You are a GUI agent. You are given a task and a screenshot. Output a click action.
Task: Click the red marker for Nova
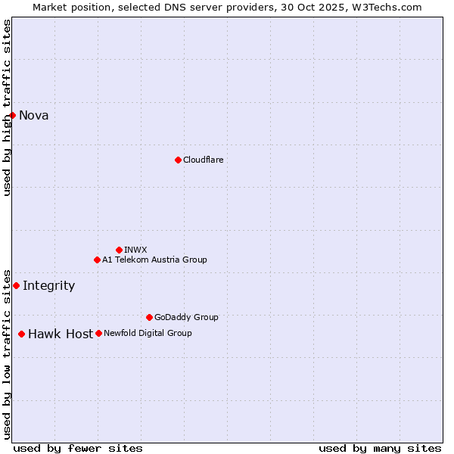13,115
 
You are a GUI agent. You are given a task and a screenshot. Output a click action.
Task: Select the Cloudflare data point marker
178,160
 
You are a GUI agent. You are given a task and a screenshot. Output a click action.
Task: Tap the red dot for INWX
119,250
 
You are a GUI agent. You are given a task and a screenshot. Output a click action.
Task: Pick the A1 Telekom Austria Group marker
97,260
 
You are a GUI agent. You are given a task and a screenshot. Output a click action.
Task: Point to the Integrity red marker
16,285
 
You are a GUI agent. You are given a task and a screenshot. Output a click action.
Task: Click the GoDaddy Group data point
149,317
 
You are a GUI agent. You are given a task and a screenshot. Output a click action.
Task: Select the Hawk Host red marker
21,334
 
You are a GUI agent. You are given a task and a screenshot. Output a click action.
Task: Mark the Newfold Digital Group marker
98,333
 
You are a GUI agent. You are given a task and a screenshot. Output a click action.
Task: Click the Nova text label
34,116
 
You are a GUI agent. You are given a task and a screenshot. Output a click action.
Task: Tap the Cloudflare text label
203,160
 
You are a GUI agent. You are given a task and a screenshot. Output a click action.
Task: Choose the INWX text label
135,250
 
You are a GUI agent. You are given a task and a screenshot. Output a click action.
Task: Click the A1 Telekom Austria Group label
154,260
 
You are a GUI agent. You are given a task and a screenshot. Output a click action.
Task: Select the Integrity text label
49,286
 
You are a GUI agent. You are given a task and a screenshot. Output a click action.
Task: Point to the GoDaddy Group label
186,317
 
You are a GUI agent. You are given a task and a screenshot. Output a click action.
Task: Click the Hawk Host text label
61,334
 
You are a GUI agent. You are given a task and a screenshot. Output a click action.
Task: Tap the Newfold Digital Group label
148,333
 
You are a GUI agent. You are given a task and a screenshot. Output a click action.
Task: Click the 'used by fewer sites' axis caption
78,448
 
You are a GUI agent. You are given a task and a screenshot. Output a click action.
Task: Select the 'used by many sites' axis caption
380,448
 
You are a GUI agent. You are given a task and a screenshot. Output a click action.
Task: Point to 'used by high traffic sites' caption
7,107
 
